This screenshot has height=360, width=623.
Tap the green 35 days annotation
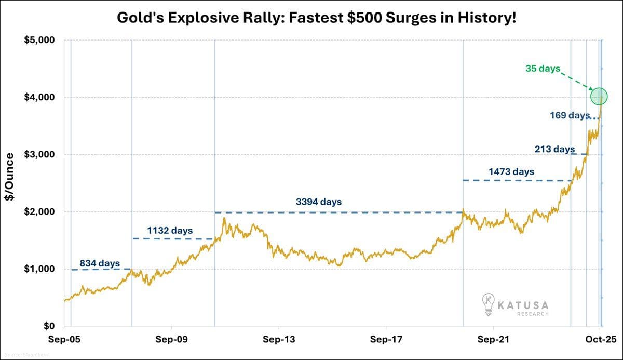(x=543, y=69)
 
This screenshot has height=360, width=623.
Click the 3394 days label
(x=319, y=202)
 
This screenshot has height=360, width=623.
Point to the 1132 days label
(x=170, y=230)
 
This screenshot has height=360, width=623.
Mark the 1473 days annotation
(x=511, y=171)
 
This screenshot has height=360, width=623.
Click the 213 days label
(x=554, y=149)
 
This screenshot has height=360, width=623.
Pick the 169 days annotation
(x=570, y=115)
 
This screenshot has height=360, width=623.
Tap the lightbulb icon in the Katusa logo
(x=488, y=304)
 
